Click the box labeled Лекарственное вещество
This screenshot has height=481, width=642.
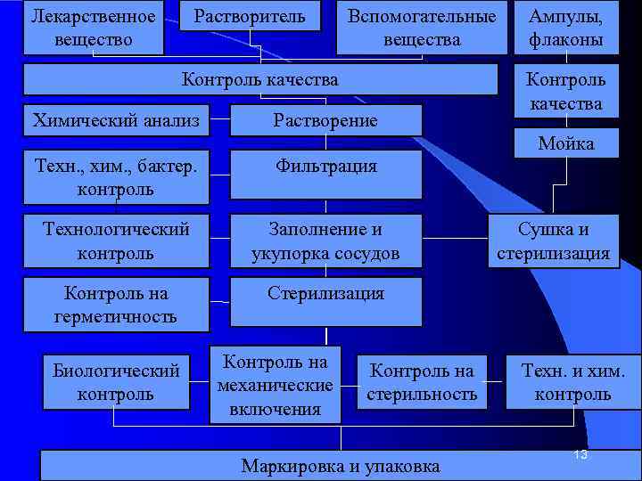pos(93,28)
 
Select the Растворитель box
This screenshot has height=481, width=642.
pos(250,17)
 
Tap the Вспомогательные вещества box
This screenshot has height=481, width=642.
pos(422,28)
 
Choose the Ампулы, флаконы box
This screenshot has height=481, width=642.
pos(565,28)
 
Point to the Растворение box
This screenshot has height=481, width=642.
pos(325,120)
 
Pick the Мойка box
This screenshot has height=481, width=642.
pos(565,143)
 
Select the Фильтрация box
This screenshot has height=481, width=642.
pos(325,174)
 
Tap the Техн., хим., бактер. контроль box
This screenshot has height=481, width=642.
pos(116,177)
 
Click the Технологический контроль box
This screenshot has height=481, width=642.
pos(116,241)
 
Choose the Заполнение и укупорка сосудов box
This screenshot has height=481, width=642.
pos(325,241)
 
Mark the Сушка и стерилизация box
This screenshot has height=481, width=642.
pos(553,241)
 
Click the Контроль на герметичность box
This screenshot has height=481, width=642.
pos(116,305)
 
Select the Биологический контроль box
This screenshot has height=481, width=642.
pos(116,382)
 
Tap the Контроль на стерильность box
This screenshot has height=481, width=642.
pos(423,382)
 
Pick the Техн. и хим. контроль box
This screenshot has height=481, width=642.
pos(572,382)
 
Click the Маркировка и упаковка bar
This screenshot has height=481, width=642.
pos(341,466)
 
